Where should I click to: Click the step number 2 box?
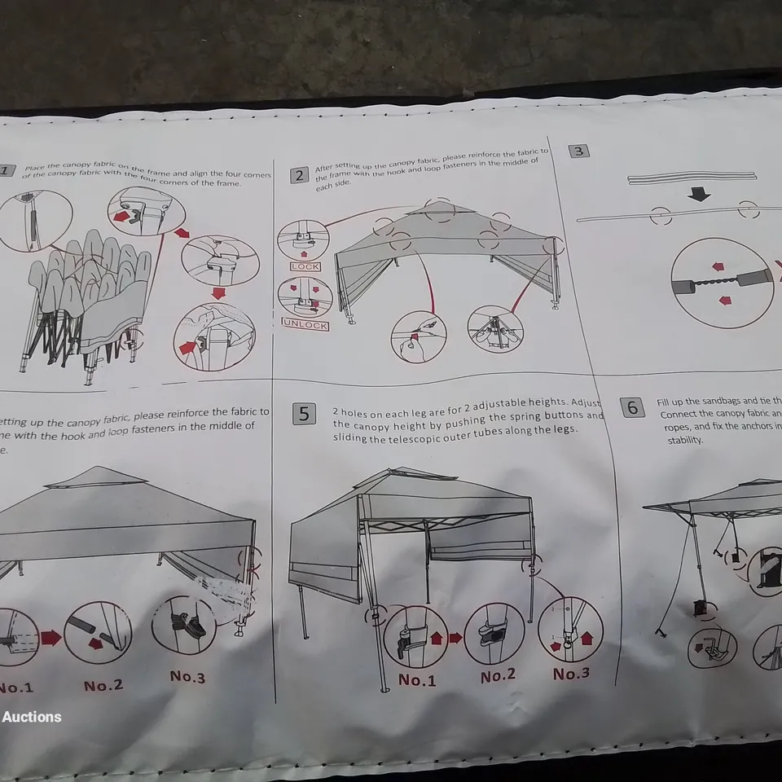[x=299, y=175]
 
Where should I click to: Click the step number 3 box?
[x=578, y=150]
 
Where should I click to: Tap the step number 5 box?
[x=304, y=414]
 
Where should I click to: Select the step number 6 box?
[x=633, y=407]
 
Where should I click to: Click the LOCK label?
[x=305, y=266]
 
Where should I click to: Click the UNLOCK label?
[x=305, y=325]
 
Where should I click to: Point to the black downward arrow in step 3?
[x=699, y=195]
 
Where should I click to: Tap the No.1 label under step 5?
[x=417, y=679]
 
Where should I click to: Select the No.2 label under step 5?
[x=497, y=676]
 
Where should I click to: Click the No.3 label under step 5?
[x=571, y=674]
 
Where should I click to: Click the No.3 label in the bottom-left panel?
[x=187, y=677]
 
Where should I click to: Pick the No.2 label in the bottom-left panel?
[x=103, y=685]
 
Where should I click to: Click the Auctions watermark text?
[x=32, y=717]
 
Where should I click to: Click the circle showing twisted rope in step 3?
[x=722, y=283]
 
